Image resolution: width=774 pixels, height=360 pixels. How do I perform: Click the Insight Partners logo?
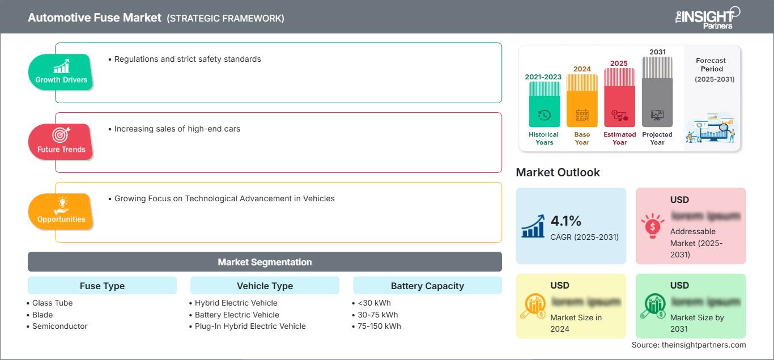pos(707,17)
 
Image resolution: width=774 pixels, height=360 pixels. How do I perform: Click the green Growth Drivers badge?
pos(61,72)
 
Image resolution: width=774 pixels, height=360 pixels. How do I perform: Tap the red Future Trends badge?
pos(61,142)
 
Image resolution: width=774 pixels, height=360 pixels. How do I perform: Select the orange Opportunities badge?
pos(61,211)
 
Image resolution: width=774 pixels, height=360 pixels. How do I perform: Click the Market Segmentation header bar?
pos(265,262)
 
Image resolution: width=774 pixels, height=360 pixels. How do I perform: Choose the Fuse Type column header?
pos(102,286)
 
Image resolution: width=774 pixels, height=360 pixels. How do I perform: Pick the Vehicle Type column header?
pos(265,286)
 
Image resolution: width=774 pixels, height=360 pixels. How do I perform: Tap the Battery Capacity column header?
pos(427,286)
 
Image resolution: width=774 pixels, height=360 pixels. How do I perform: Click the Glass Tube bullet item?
pos(52,303)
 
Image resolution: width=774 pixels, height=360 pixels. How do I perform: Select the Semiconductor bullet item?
pos(59,326)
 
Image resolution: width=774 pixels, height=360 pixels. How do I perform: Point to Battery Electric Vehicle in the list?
pos(237,315)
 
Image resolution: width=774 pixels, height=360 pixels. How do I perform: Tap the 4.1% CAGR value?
pos(566,221)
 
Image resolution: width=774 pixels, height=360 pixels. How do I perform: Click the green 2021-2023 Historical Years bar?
pos(544,104)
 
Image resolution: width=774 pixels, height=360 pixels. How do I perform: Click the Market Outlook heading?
pos(558,172)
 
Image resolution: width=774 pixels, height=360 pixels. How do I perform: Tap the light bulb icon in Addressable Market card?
pos(652,226)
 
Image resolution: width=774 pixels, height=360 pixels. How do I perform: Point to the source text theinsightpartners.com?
pos(689,345)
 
